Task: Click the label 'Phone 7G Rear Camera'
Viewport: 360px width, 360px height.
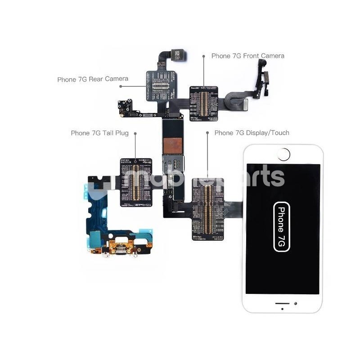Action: (x=93, y=79)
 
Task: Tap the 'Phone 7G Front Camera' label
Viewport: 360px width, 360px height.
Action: (x=247, y=56)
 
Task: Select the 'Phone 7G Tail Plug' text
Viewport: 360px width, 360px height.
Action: (x=99, y=133)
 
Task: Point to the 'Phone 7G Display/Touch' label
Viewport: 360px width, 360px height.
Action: (x=252, y=133)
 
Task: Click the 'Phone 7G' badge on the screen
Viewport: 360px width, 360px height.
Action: (x=282, y=226)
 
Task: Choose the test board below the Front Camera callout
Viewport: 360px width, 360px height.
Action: (x=204, y=103)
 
